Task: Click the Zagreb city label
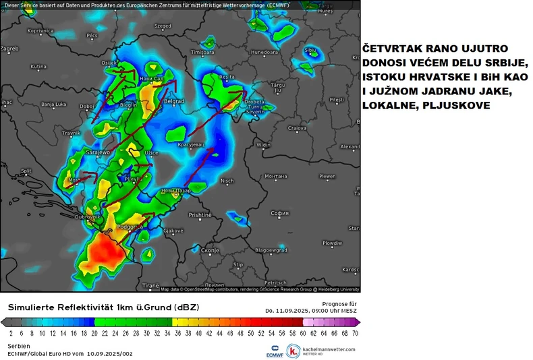coord(9,49)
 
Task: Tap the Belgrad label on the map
coord(174,102)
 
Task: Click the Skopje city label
coord(211,250)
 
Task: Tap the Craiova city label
coord(298,127)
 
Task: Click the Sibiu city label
coord(310,50)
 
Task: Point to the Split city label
coord(26,171)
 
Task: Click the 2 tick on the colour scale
coord(11,333)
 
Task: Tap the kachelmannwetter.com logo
coord(321,351)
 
